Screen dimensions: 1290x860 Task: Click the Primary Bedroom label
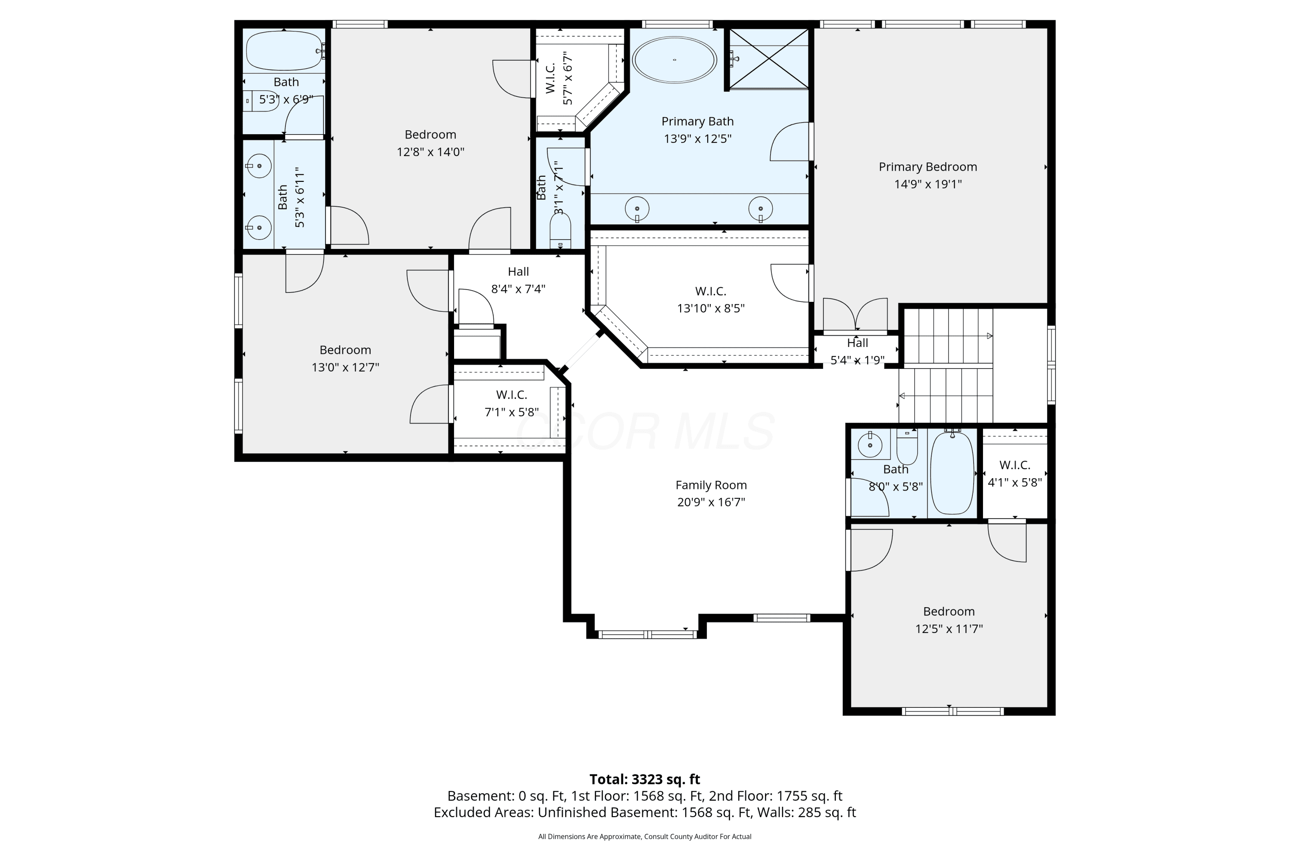point(928,167)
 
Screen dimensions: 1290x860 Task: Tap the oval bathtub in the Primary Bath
point(674,60)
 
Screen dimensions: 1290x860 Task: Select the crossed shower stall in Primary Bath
point(769,58)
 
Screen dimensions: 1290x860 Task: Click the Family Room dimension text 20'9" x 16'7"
point(711,502)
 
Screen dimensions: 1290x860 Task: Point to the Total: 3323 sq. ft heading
point(645,779)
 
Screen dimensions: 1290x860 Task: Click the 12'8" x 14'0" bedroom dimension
point(430,151)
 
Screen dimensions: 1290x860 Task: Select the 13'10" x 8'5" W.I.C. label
point(711,299)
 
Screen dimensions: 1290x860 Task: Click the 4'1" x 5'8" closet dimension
point(1015,482)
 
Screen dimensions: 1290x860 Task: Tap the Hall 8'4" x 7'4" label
point(518,280)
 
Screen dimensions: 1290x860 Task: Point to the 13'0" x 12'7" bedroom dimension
point(346,367)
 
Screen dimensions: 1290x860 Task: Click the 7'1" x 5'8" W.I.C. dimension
point(512,412)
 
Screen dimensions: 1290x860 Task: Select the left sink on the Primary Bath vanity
point(637,209)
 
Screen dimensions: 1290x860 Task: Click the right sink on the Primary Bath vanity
point(761,209)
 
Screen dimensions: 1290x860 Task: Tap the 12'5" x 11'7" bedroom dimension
point(949,629)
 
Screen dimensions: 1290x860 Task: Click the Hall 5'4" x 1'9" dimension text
point(857,360)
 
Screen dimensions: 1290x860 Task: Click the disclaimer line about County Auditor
point(645,836)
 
